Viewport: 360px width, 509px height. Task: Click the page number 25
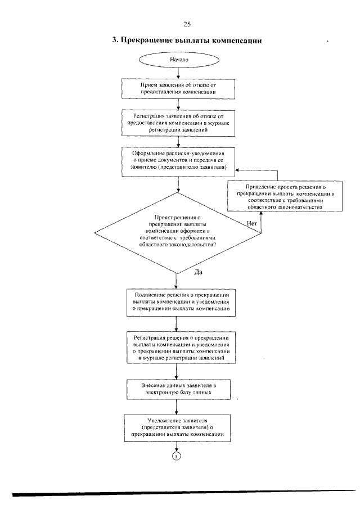coord(187,24)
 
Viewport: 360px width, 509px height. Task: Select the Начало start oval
coord(179,60)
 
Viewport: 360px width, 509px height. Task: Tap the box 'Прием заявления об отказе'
coord(178,89)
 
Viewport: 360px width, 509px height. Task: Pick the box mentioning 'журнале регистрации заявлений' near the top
coord(178,123)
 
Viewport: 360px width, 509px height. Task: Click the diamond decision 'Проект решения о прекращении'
coord(178,233)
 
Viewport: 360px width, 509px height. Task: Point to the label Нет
coord(251,223)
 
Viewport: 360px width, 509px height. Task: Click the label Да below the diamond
coord(198,272)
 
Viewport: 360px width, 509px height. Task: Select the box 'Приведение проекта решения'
coord(285,196)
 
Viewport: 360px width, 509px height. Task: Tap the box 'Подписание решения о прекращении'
coord(181,302)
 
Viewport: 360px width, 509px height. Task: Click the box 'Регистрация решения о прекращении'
coord(181,348)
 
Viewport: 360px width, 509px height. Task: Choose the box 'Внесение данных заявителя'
coord(178,389)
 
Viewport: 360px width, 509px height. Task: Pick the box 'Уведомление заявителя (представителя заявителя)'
coord(177,428)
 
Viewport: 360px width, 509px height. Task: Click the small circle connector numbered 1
coord(176,456)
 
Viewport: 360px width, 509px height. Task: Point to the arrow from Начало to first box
coord(178,73)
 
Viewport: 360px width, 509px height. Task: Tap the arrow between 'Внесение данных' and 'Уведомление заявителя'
coord(177,407)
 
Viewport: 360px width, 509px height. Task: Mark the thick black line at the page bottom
coord(184,493)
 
